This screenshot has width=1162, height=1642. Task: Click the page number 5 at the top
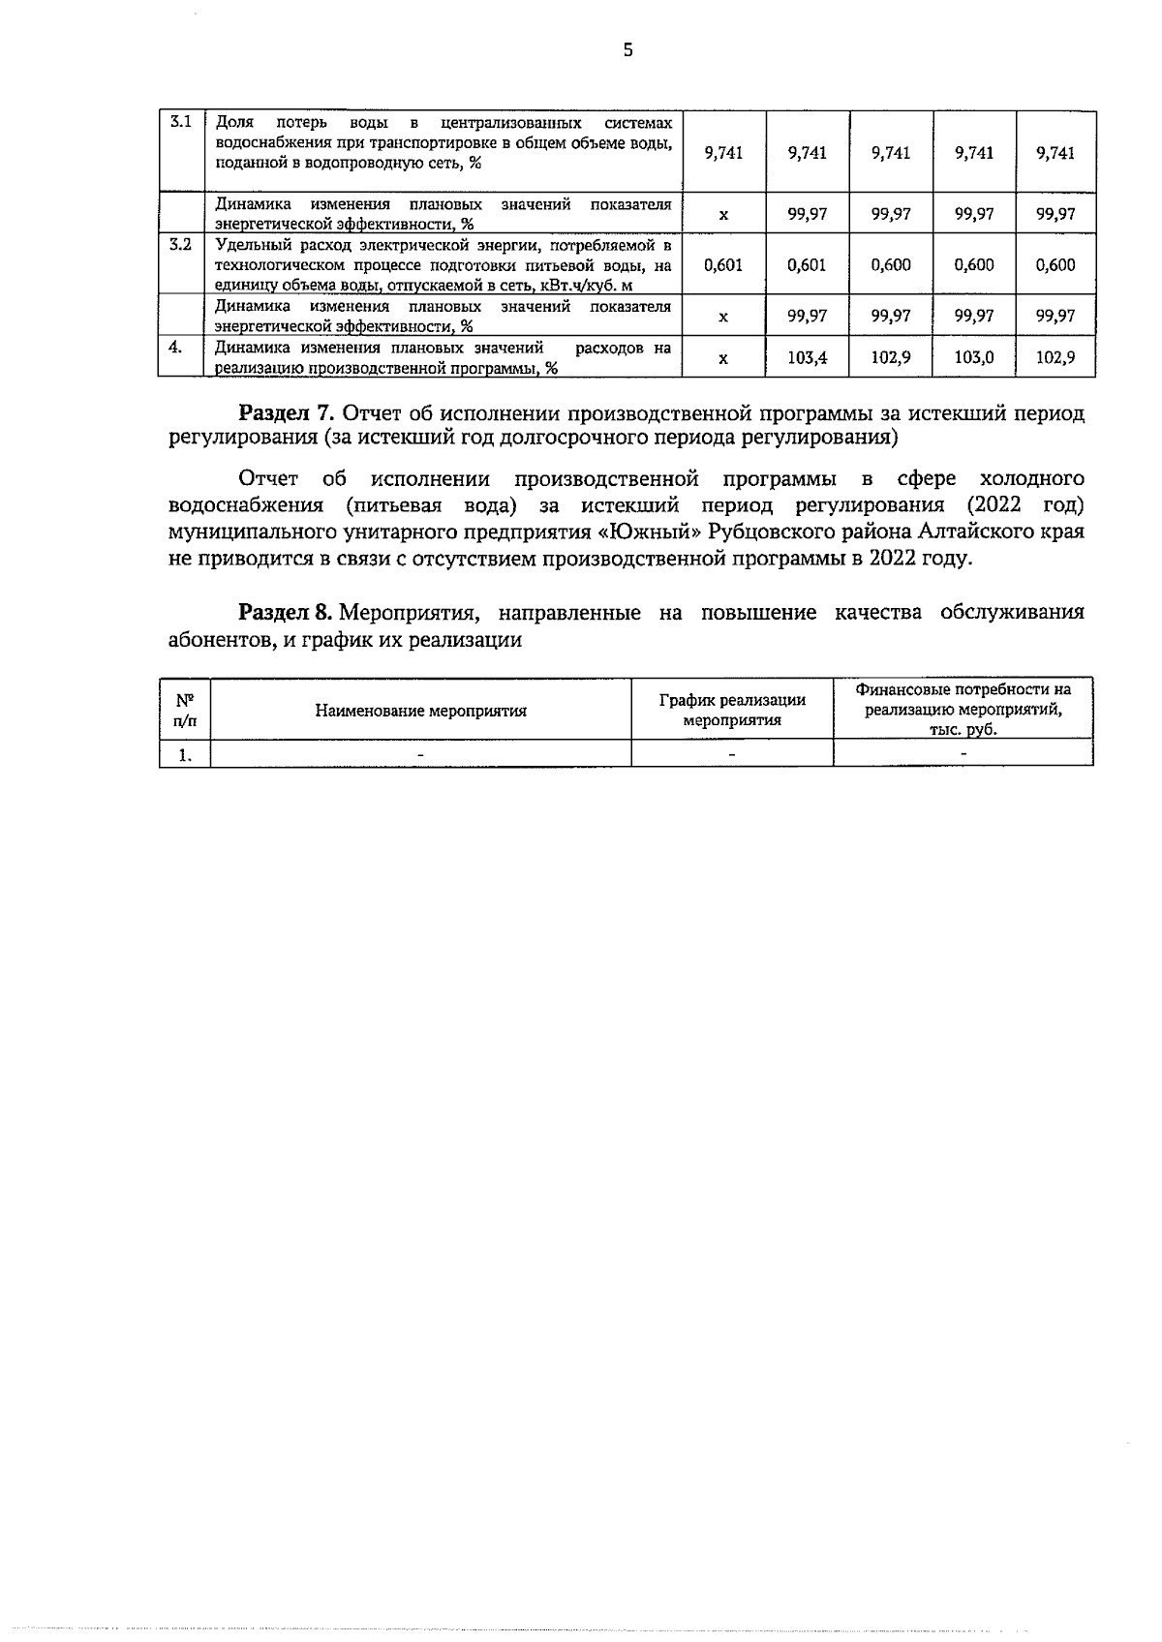(x=627, y=51)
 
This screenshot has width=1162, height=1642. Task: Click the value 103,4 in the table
(x=807, y=357)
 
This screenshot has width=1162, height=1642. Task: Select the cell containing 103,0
(x=973, y=357)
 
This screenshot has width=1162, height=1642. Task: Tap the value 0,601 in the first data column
(x=723, y=264)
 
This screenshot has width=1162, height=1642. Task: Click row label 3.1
(x=180, y=122)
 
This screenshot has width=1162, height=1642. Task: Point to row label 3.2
(x=180, y=244)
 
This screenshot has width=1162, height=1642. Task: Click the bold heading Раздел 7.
(x=287, y=414)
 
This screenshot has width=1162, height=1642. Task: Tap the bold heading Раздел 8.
(x=287, y=613)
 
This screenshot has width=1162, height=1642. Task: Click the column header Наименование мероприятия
(x=420, y=711)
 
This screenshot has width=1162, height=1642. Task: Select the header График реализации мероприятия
(x=732, y=710)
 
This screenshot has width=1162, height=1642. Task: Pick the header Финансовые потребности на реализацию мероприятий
(x=963, y=709)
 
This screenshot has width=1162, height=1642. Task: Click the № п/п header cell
(x=184, y=710)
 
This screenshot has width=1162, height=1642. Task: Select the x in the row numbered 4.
(x=723, y=358)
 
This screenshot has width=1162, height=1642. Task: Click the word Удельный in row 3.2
(x=247, y=244)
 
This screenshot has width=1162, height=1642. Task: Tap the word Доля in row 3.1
(x=234, y=123)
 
